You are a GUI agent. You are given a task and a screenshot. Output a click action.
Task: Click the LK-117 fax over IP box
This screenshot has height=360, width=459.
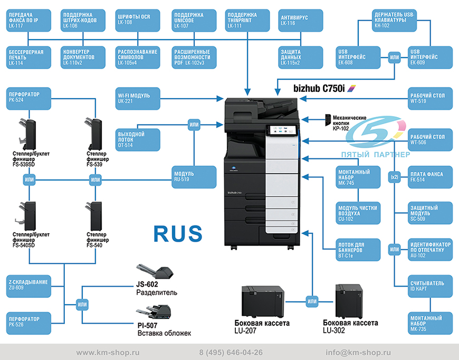point(28,20)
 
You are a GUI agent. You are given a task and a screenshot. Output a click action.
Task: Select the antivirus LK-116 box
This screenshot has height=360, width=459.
point(301,20)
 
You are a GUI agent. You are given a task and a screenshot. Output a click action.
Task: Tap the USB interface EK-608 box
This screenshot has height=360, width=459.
point(358,58)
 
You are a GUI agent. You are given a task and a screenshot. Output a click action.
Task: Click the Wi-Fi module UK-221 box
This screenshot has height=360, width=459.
point(138,98)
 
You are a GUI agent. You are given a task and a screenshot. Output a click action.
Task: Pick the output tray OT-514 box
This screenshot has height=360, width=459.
point(138,140)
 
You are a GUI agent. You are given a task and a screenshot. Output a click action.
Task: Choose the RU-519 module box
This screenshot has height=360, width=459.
point(194,177)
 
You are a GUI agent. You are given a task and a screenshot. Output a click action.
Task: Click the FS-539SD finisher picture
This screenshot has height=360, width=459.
point(27,134)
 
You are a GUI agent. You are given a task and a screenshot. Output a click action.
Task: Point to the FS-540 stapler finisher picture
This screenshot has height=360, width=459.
point(94,216)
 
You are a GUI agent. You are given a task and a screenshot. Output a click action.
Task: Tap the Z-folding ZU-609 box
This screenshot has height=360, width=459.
point(28,286)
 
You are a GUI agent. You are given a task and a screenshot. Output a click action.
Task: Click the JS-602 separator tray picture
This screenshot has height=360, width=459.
point(155,271)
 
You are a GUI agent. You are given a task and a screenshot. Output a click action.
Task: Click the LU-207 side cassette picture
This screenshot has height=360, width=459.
point(263,302)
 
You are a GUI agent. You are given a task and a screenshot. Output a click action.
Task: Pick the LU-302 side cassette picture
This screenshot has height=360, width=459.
point(349,301)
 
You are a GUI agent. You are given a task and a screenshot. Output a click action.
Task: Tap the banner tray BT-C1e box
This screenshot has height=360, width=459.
point(358,250)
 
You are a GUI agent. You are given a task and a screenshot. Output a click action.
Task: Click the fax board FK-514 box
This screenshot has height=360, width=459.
point(431,177)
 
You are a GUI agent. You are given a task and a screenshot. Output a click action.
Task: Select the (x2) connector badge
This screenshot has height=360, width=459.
point(395,177)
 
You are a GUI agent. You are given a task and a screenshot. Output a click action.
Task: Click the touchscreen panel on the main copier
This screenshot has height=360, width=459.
point(282,130)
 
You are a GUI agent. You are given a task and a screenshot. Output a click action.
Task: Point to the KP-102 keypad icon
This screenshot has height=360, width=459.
point(328,120)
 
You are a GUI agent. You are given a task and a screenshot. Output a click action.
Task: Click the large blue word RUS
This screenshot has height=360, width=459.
point(178,233)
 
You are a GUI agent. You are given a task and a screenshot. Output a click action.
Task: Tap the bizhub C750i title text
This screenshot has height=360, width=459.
point(319,88)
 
